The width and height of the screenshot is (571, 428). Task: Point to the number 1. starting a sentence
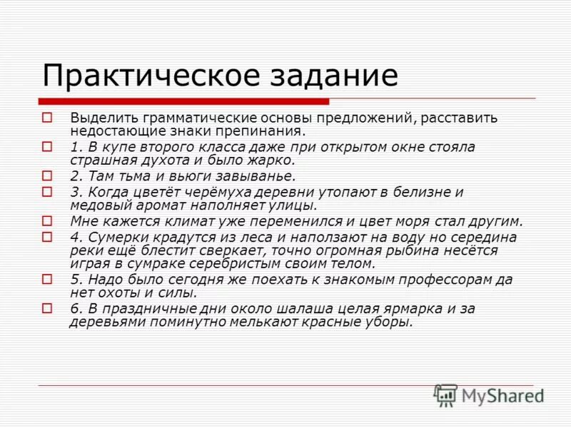click(x=76, y=147)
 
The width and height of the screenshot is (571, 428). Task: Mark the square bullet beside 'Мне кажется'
click(x=48, y=221)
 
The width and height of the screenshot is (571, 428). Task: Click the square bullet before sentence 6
click(x=48, y=309)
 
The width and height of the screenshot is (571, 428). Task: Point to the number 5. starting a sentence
click(x=76, y=280)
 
